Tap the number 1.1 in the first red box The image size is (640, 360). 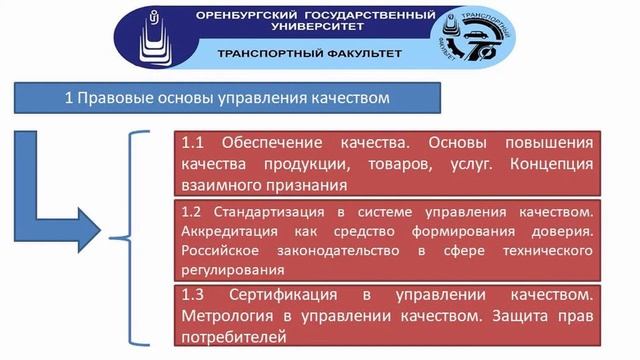point(193,141)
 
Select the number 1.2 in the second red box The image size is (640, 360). point(193,213)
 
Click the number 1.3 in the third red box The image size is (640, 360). point(193,296)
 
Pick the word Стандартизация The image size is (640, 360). point(262,213)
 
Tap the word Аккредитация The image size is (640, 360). point(220,232)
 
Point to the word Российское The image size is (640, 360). point(217,251)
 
